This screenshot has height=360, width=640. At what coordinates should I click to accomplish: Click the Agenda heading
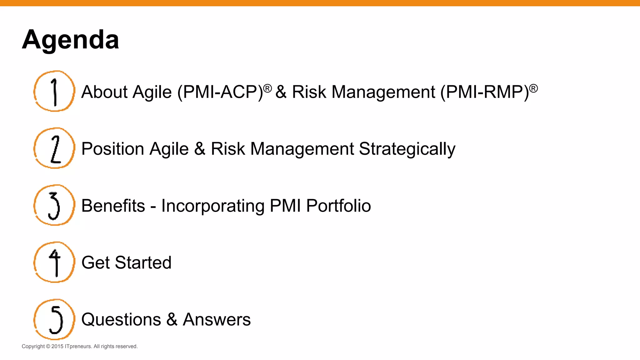pyautogui.click(x=70, y=40)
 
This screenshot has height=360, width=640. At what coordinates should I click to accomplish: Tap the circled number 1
pyautogui.click(x=54, y=91)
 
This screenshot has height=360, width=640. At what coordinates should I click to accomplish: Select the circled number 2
pyautogui.click(x=54, y=148)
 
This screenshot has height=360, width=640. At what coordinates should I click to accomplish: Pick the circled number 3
pyautogui.click(x=54, y=205)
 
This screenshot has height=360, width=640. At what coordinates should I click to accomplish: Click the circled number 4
pyautogui.click(x=54, y=262)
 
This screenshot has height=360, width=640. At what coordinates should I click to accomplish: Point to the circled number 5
pyautogui.click(x=54, y=319)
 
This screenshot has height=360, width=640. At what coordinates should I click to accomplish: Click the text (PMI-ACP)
pyautogui.click(x=220, y=92)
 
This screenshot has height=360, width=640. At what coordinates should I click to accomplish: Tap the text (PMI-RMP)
pyautogui.click(x=484, y=92)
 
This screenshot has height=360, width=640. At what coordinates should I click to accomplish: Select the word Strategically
pyautogui.click(x=407, y=149)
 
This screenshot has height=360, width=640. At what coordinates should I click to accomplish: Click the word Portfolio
pyautogui.click(x=338, y=206)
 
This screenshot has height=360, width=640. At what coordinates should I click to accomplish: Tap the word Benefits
pyautogui.click(x=113, y=206)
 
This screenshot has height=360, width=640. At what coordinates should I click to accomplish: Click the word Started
pyautogui.click(x=143, y=263)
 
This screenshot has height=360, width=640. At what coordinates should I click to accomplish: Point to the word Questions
pyautogui.click(x=121, y=320)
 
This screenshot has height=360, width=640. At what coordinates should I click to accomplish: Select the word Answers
pyautogui.click(x=217, y=320)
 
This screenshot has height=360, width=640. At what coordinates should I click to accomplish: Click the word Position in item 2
pyautogui.click(x=112, y=149)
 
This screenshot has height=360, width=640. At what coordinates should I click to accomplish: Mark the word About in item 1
pyautogui.click(x=104, y=92)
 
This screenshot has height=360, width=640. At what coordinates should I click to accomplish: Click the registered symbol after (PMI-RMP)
pyautogui.click(x=533, y=88)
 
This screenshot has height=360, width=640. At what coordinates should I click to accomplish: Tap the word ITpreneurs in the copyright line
pyautogui.click(x=78, y=346)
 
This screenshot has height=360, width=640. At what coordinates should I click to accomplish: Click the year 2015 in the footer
pyautogui.click(x=57, y=346)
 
